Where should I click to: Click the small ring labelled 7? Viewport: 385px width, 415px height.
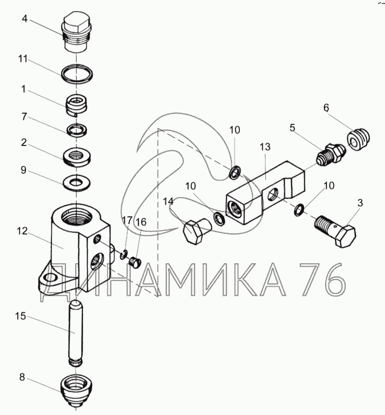click(x=76, y=129)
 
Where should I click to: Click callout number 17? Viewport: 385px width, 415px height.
click(x=126, y=221)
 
